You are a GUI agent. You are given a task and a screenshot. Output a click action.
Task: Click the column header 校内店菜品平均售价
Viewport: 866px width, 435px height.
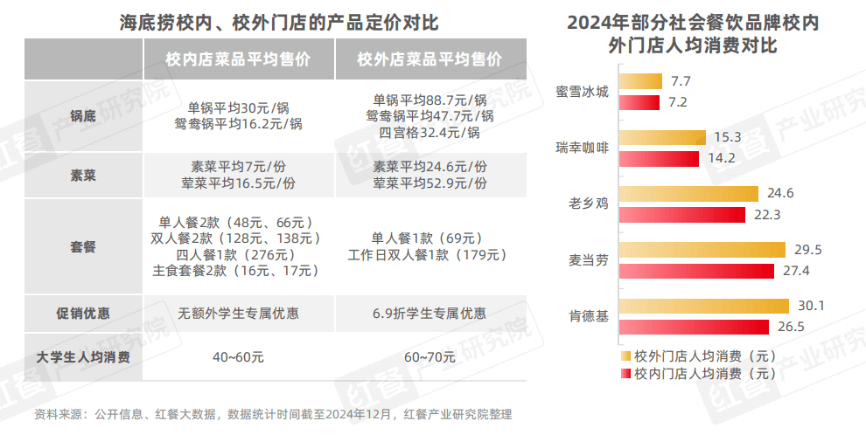(x=238, y=59)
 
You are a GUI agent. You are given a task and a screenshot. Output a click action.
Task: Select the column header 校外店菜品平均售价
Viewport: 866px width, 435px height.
(x=430, y=59)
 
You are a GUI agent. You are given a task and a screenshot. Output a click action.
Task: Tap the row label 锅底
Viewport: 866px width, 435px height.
(x=83, y=116)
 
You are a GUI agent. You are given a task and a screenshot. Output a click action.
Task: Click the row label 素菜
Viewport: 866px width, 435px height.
(x=83, y=175)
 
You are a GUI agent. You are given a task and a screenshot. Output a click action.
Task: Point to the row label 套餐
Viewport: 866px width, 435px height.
(x=83, y=247)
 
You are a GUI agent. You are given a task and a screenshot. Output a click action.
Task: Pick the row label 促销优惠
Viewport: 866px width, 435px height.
(x=83, y=313)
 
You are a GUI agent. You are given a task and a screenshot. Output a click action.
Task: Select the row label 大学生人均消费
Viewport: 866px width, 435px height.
(x=83, y=356)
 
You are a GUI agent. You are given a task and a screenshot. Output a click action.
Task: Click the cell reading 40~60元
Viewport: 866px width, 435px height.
(x=238, y=356)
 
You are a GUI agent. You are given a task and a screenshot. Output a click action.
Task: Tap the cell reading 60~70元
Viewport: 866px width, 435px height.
(x=430, y=356)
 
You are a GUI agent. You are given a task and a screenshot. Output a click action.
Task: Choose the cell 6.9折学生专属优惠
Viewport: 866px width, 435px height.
(x=430, y=313)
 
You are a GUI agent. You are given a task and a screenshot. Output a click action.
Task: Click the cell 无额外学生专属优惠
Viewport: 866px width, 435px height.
(x=238, y=313)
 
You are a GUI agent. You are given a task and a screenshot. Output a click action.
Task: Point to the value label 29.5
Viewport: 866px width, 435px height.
(x=801, y=250)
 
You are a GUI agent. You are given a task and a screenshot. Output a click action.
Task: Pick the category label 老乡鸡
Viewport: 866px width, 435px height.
(x=588, y=204)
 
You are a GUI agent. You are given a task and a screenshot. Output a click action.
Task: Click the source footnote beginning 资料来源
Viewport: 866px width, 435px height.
(x=272, y=414)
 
